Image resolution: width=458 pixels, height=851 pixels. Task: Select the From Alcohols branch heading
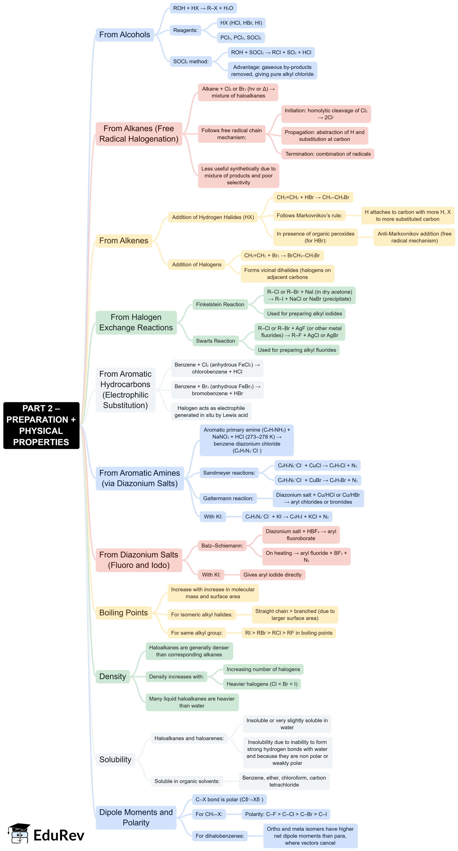click(x=124, y=35)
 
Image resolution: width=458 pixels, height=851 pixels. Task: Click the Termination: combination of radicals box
click(x=327, y=154)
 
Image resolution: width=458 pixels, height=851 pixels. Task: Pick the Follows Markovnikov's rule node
click(x=309, y=215)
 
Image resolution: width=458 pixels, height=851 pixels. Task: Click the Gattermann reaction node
click(x=228, y=498)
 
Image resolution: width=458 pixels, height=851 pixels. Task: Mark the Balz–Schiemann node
click(x=222, y=546)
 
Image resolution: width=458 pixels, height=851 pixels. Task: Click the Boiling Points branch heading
click(x=123, y=613)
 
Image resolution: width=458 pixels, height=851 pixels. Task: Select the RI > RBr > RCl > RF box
click(x=289, y=633)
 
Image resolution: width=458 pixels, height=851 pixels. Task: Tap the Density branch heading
click(x=112, y=677)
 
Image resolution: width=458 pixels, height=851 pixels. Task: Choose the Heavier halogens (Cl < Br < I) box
click(x=262, y=684)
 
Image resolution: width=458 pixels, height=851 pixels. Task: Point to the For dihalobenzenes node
click(x=219, y=836)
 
